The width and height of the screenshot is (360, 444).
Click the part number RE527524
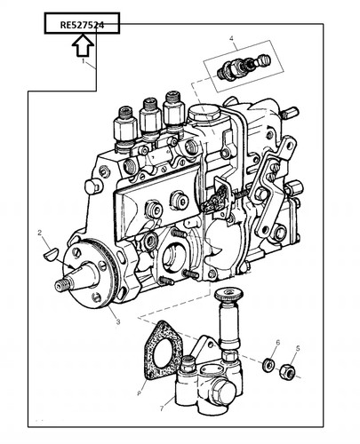tap(82, 25)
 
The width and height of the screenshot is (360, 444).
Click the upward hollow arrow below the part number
tap(83, 44)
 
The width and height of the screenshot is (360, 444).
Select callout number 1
tap(84, 61)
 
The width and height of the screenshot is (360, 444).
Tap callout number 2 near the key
tap(40, 233)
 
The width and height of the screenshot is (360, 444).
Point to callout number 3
tap(118, 321)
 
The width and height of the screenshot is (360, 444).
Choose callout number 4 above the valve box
tap(231, 38)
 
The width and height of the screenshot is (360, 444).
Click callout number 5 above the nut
tap(298, 348)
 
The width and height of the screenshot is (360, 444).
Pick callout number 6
tap(277, 343)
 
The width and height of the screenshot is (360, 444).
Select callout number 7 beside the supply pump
tap(162, 408)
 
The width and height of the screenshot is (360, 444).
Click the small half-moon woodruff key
tap(50, 255)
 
